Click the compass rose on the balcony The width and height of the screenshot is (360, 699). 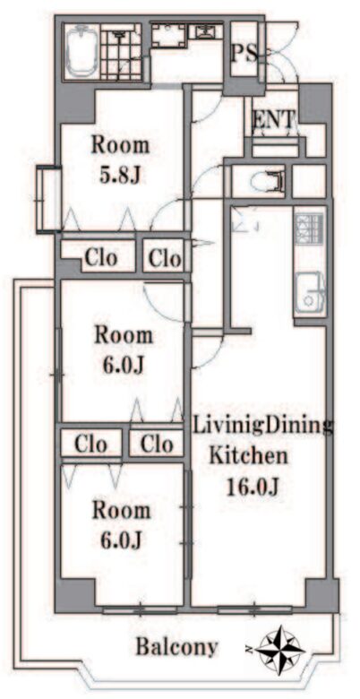coord(279,648)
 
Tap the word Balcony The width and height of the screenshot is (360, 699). coord(176,646)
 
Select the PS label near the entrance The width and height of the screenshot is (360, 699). coord(244,54)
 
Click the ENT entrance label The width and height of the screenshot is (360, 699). coord(273,119)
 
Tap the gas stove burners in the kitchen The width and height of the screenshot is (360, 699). coord(309,229)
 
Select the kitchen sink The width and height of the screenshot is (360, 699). coord(310,292)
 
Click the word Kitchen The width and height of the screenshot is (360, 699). coord(248,456)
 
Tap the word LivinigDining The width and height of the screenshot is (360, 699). coord(263,427)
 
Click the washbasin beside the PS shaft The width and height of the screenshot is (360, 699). coord(205,31)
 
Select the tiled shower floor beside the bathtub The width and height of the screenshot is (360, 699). coord(121,52)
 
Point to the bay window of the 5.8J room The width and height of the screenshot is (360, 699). coord(48,199)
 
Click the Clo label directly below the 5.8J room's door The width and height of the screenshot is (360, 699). coord(165,258)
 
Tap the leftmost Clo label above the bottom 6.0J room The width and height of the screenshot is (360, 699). coord(90,444)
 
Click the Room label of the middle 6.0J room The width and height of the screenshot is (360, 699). coord(123,335)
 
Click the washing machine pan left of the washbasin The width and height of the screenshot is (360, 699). coord(168,35)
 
